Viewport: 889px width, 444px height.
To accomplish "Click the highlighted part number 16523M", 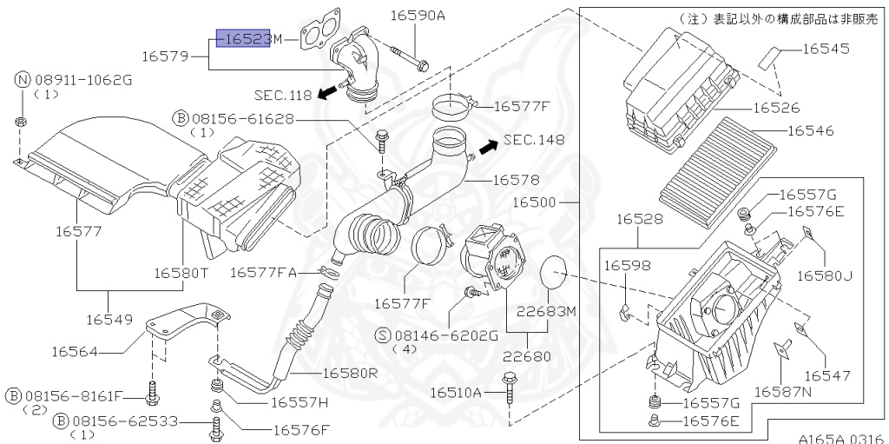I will click(x=243, y=39).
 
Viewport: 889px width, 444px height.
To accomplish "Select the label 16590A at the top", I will click(x=417, y=15).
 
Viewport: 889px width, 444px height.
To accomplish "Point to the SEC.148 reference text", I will click(x=533, y=140).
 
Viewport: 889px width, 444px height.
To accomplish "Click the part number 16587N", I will click(x=782, y=392).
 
